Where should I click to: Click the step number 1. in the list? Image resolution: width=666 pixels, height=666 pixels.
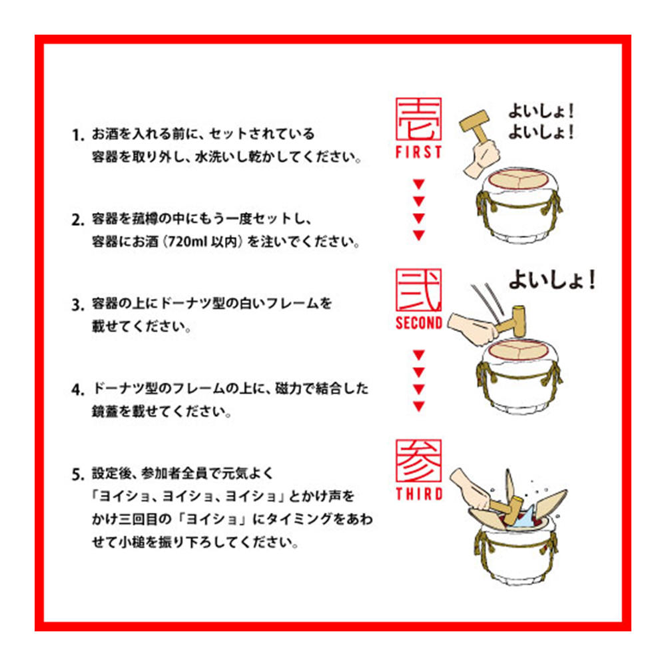(78, 136)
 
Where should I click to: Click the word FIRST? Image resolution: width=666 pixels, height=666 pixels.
(418, 152)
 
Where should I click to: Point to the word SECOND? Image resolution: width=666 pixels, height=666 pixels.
(418, 323)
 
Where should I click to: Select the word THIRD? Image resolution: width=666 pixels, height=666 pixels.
(418, 494)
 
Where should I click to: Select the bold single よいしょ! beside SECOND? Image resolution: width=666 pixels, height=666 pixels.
(551, 280)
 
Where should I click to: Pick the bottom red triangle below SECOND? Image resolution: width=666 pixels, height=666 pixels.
(418, 406)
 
